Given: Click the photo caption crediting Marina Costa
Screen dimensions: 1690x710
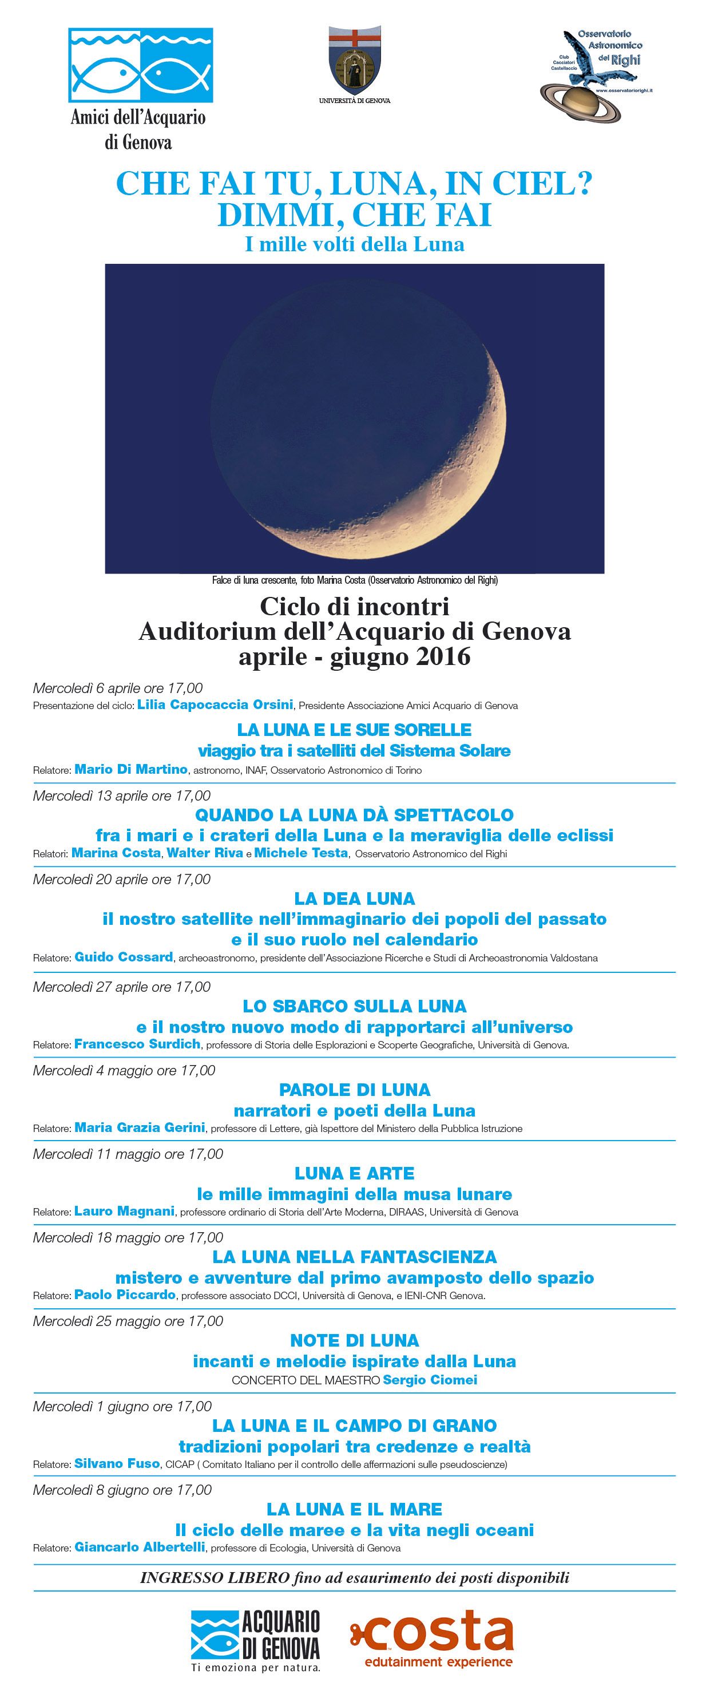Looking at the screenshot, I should [x=354, y=580].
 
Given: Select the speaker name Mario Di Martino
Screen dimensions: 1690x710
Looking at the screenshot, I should [x=131, y=769].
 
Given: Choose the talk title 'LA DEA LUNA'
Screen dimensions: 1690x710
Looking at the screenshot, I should [x=354, y=898].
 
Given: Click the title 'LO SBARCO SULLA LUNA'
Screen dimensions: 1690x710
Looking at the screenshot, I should [x=354, y=1006].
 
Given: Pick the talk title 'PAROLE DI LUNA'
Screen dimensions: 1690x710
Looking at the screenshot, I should [x=354, y=1090].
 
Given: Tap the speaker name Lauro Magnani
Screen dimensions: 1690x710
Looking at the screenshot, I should [x=124, y=1211].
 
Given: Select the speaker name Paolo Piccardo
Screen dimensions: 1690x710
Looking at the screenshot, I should [x=125, y=1295].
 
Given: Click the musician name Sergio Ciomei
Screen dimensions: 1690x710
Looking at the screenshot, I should [x=430, y=1380].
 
